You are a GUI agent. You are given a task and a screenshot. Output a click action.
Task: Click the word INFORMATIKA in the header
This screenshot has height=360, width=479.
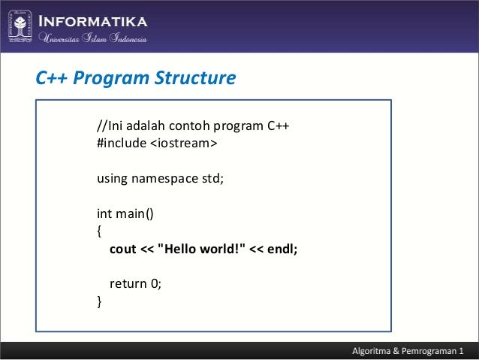(x=93, y=20)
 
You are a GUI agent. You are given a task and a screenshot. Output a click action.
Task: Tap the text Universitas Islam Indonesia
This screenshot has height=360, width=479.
(x=93, y=39)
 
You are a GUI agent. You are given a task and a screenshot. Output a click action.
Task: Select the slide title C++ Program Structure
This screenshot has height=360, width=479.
(x=136, y=78)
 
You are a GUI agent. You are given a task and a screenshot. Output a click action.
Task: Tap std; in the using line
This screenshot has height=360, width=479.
(x=212, y=179)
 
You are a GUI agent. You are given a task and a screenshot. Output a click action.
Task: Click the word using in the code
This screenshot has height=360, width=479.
(x=112, y=179)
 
